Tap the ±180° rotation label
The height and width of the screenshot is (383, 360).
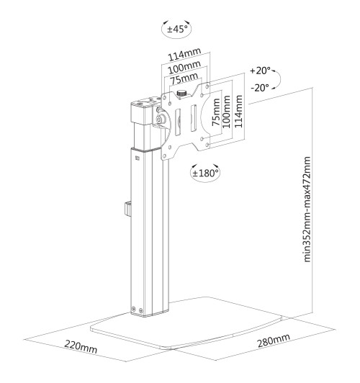(x=206, y=173)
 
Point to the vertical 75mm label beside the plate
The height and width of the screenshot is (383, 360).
(x=214, y=114)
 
